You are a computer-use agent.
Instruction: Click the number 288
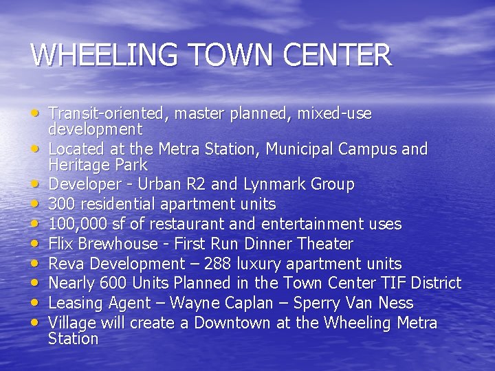coord(218,264)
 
